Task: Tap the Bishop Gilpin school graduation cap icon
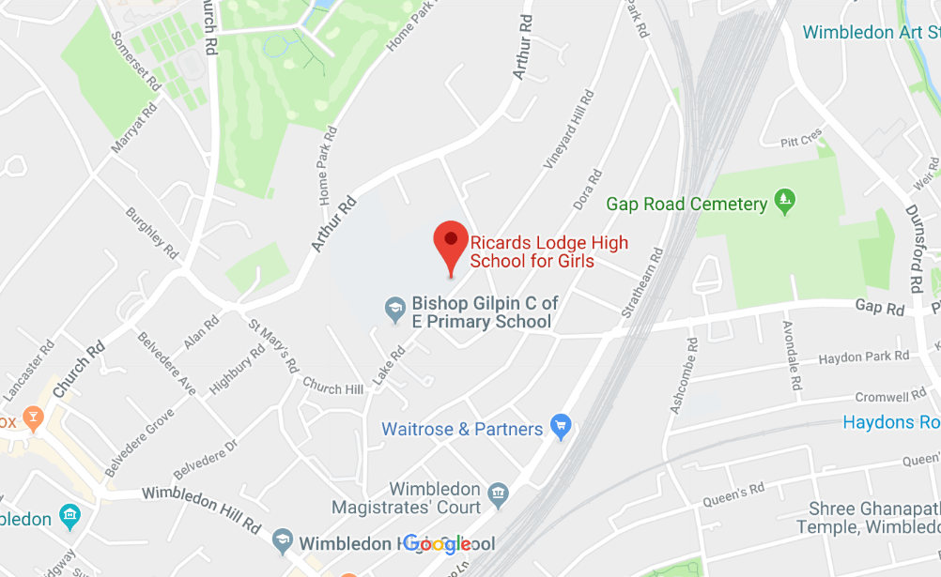click(396, 307)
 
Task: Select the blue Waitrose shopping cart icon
click(561, 429)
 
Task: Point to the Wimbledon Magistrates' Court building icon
click(499, 492)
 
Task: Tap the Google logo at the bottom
click(437, 544)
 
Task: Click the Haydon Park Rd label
click(863, 357)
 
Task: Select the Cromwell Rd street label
click(890, 397)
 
